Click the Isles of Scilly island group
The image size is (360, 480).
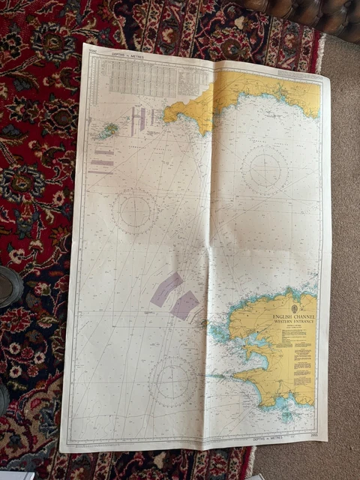coord(108,130)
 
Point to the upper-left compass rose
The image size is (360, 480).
coord(134,211)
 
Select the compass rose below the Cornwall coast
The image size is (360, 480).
coord(265,169)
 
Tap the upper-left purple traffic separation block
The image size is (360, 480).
coord(166,289)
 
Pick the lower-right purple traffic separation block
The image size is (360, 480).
coord(184,304)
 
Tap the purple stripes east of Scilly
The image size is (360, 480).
coord(138,120)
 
